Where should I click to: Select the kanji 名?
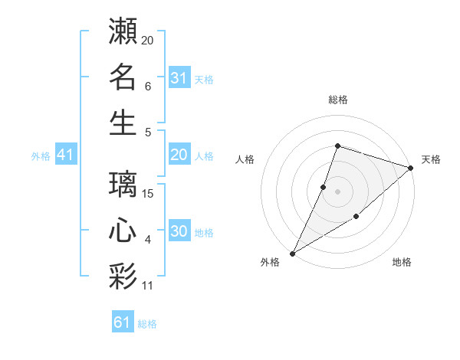[123, 77]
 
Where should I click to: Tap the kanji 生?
[123, 123]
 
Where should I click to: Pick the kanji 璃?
[123, 185]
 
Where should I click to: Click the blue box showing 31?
[179, 77]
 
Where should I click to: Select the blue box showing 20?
[179, 155]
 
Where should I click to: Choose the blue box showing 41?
[65, 155]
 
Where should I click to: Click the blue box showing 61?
[122, 322]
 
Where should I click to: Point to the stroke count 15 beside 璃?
[149, 194]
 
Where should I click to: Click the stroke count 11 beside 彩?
[149, 286]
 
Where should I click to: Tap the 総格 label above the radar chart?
[337, 100]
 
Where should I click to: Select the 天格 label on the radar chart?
[431, 159]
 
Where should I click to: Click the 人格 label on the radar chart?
[245, 159]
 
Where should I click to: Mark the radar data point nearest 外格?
[292, 253]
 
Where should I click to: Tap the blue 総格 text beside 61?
[147, 324]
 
